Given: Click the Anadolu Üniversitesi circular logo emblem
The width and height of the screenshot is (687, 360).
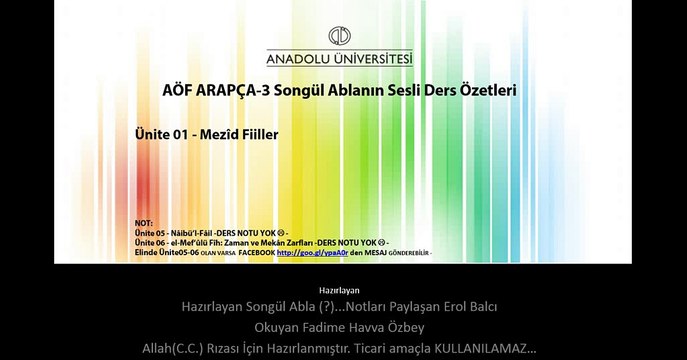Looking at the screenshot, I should (x=340, y=35).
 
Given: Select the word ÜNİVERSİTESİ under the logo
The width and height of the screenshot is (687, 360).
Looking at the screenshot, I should (x=377, y=58).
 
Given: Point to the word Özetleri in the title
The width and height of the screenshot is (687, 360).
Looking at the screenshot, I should (x=484, y=90).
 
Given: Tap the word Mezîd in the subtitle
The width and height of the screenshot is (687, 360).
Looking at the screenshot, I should (x=221, y=133).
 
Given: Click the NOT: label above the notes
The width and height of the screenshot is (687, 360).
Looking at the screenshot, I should (x=143, y=222).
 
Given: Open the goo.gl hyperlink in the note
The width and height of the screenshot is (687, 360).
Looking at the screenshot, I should (x=303, y=253).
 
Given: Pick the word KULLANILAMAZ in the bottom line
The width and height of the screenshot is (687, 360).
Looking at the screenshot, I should (x=482, y=348).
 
